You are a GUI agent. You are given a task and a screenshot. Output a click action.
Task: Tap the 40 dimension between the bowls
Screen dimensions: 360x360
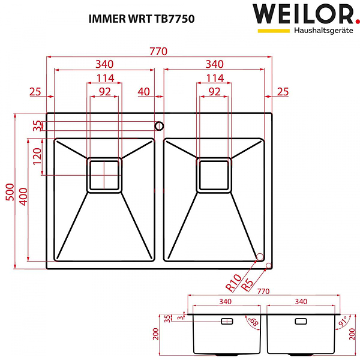point(143,92)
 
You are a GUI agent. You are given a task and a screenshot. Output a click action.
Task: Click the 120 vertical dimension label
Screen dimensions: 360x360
point(37,157)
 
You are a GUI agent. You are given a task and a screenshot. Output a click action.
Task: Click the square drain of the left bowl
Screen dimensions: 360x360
point(105,175)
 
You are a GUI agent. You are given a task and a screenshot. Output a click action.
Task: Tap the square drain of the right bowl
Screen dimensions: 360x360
point(214,175)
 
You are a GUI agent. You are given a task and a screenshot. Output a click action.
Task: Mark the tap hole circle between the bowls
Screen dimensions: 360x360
point(159,126)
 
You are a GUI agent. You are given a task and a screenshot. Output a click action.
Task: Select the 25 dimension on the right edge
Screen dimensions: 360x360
point(283,92)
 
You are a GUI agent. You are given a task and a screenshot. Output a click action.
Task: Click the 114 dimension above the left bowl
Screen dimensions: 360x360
point(106,78)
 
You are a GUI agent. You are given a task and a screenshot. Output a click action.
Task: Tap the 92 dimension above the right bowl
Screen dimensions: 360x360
point(214,92)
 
